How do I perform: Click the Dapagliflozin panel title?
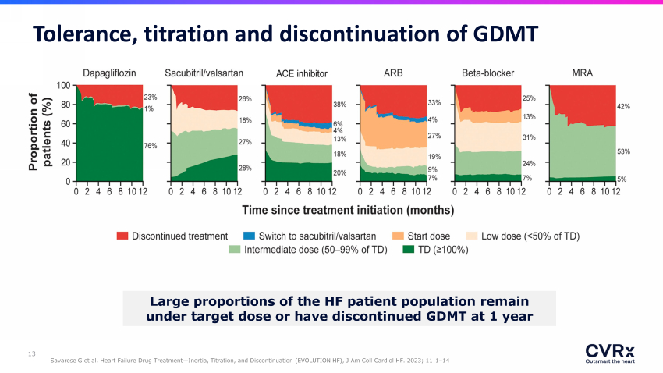click(x=109, y=73)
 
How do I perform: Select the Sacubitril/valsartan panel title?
click(x=204, y=73)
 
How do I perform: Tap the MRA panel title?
click(x=582, y=73)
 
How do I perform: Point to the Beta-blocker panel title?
click(x=488, y=73)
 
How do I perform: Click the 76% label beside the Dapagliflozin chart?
click(x=150, y=146)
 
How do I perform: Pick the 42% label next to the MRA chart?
click(x=623, y=107)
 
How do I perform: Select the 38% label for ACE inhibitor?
click(x=339, y=105)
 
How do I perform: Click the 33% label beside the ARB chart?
click(x=434, y=103)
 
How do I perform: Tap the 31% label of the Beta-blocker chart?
click(x=529, y=137)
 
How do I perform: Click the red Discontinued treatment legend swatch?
click(x=122, y=236)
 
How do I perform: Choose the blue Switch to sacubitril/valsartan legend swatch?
click(x=249, y=236)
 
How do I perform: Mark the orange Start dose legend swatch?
click(x=398, y=236)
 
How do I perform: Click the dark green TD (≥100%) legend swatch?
click(x=408, y=250)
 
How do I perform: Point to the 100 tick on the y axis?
click(x=63, y=85)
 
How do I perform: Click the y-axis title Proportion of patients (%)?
click(x=40, y=132)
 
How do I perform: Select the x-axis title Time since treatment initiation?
click(x=348, y=210)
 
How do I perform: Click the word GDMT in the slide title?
click(x=505, y=34)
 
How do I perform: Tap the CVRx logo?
click(x=610, y=353)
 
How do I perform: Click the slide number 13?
click(x=32, y=353)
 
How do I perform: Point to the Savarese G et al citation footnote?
click(x=250, y=361)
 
